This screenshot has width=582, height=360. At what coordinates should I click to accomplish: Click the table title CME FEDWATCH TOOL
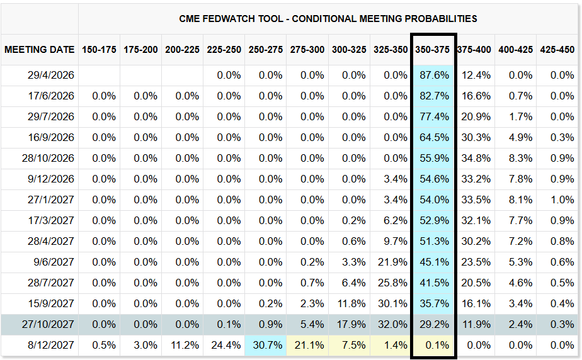[x=328, y=18]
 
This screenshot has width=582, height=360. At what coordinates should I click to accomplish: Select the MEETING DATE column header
[x=40, y=50]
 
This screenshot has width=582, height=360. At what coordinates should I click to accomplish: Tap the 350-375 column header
[x=433, y=50]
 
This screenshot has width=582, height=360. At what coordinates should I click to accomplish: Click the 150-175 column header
[x=99, y=50]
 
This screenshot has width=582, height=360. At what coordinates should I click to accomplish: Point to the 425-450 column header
[x=557, y=50]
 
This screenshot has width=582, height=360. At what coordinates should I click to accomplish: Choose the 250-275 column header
[x=265, y=50]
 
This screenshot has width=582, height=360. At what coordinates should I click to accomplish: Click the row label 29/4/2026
[x=51, y=76]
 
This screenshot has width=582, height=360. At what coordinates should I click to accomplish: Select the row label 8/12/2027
[x=51, y=345]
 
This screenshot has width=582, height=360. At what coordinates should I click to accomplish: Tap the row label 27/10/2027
[x=48, y=324]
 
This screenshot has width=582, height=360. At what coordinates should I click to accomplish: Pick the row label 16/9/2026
[x=51, y=138]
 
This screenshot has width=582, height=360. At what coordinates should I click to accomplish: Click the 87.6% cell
[x=434, y=76]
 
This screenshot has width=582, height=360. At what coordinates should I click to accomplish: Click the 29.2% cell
[x=434, y=324]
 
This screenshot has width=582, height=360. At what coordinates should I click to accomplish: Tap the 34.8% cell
[x=474, y=159]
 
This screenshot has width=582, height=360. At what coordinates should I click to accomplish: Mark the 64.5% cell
[x=434, y=138]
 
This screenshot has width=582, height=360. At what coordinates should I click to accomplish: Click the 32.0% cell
[x=391, y=324]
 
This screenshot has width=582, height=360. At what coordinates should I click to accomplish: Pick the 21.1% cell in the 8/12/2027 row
[x=308, y=345]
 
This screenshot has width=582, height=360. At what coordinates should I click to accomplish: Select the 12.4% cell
[x=474, y=76]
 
